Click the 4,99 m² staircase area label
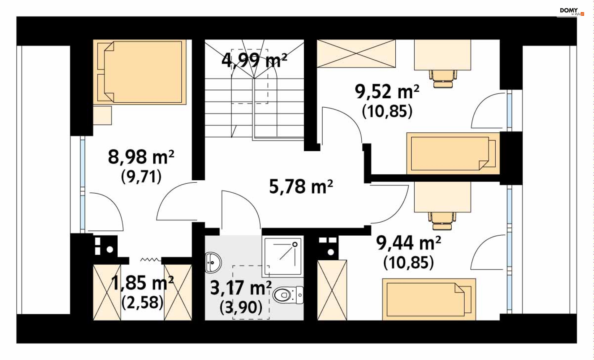click(254, 60)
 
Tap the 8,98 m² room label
click(141, 157)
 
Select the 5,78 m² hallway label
click(301, 186)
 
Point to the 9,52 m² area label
click(387, 92)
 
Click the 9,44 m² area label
click(408, 243)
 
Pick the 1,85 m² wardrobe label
click(142, 283)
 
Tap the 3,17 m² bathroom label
click(241, 288)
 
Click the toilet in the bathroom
click(288, 295)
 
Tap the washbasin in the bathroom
click(213, 263)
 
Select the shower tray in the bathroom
click(282, 257)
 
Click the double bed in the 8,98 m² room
click(140, 72)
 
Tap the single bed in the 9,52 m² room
click(453, 153)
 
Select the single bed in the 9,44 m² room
click(429, 299)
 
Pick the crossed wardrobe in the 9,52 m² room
click(356, 53)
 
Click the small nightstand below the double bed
click(102, 115)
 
